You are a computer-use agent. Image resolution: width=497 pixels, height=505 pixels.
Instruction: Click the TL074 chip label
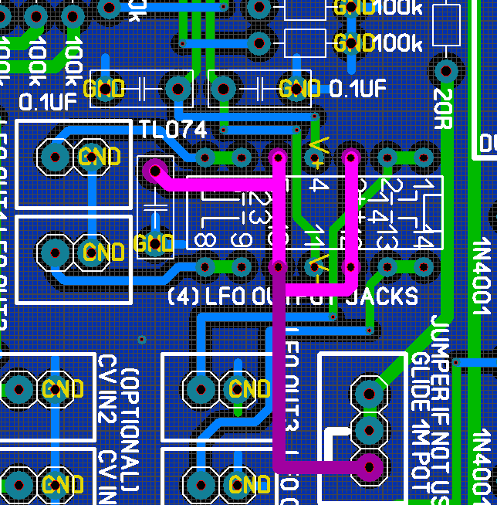[x=173, y=130]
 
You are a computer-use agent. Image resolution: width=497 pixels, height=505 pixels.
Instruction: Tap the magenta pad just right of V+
[x=350, y=158]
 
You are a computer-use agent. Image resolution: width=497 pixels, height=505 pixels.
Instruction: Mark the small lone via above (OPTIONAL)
[x=141, y=339]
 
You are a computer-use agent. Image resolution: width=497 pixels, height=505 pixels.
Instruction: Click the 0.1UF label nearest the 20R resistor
[x=358, y=89]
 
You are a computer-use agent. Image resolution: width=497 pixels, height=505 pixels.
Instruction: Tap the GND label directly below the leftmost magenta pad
[x=154, y=244]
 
